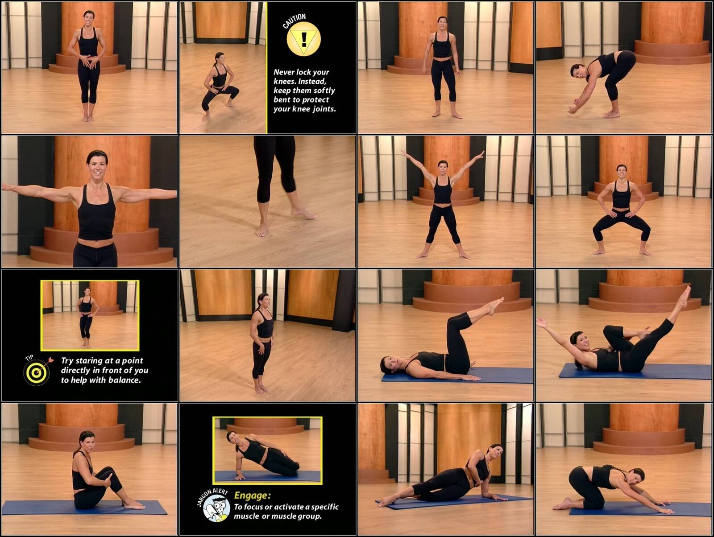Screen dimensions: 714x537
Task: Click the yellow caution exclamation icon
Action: (303, 39)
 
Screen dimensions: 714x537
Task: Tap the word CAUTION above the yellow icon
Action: (294, 21)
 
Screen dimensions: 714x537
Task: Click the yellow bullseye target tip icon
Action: (37, 372)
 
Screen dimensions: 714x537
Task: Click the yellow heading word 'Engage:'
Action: (253, 496)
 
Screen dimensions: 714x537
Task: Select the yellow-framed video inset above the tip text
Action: (90, 316)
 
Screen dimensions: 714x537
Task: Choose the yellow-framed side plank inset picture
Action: (267, 450)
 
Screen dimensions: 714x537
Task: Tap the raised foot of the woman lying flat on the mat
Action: (494, 306)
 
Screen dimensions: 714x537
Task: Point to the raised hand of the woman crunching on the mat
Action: (542, 323)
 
